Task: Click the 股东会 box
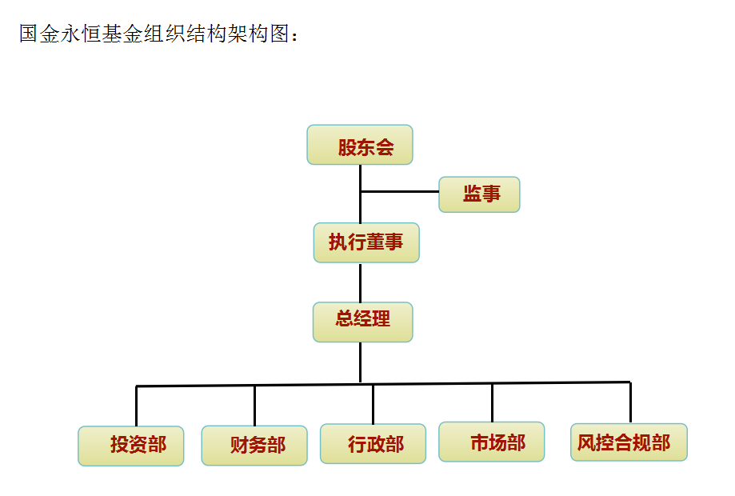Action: pos(360,145)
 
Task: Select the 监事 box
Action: pos(479,194)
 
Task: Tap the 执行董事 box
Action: pos(366,242)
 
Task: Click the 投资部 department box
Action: pos(131,446)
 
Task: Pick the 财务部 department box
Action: pos(254,446)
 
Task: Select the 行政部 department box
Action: pos(373,444)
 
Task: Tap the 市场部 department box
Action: pos(492,442)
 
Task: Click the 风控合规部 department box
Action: pos(629,442)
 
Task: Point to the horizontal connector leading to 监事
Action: pos(400,192)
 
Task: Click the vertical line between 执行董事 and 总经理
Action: pos(360,282)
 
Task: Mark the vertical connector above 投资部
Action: pos(136,406)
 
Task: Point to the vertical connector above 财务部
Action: pos(254,406)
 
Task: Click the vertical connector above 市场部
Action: pos(492,402)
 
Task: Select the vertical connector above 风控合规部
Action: pos(630,402)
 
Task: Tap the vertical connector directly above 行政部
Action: pos(373,404)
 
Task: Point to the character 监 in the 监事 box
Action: pos(472,194)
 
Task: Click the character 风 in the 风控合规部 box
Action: pos(586,442)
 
